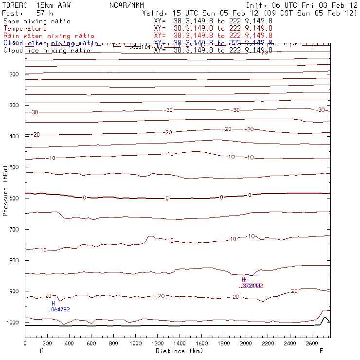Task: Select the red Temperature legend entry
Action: [x=25, y=29]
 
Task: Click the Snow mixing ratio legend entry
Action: [x=36, y=21]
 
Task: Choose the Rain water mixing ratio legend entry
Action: [x=49, y=36]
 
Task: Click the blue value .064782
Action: [x=60, y=309]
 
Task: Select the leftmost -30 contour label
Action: [x=34, y=112]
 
